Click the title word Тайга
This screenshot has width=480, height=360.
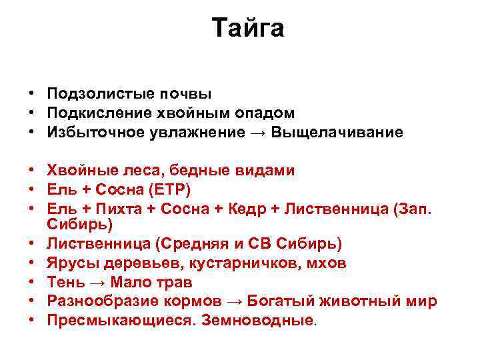[x=248, y=28]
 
